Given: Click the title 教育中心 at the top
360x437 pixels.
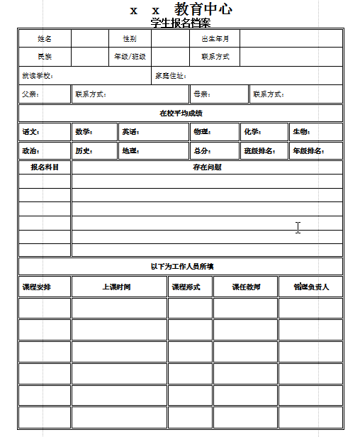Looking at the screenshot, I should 203,10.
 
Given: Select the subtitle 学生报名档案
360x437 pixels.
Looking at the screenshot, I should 181,22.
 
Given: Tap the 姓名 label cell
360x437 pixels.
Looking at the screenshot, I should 45,38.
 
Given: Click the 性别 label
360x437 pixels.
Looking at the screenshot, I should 130,38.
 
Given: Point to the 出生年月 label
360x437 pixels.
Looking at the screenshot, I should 215,38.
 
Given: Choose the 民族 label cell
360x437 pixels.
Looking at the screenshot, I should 45,56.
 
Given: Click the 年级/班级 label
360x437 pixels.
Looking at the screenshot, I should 130,56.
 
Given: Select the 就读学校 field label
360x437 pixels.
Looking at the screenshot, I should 38,75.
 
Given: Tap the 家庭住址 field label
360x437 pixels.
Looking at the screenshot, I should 171,75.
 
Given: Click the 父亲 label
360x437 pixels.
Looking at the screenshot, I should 30,94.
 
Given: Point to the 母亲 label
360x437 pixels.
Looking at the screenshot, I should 201,94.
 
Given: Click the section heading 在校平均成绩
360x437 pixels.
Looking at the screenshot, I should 181,113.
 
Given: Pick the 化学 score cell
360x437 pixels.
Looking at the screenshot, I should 252,131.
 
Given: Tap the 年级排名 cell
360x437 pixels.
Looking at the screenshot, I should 308,150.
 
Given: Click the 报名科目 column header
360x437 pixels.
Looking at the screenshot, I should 45,167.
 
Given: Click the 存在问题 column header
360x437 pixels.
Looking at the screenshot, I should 207,167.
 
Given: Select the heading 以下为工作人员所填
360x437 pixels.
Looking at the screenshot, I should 181,266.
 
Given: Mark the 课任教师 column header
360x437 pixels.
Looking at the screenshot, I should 246,287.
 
